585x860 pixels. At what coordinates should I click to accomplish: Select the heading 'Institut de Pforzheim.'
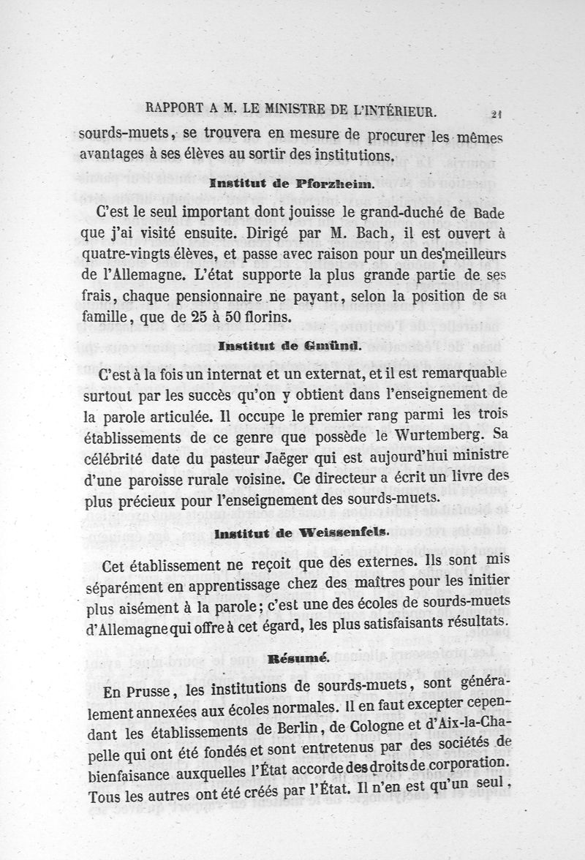point(292,185)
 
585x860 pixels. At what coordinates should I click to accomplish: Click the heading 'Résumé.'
point(293,658)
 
